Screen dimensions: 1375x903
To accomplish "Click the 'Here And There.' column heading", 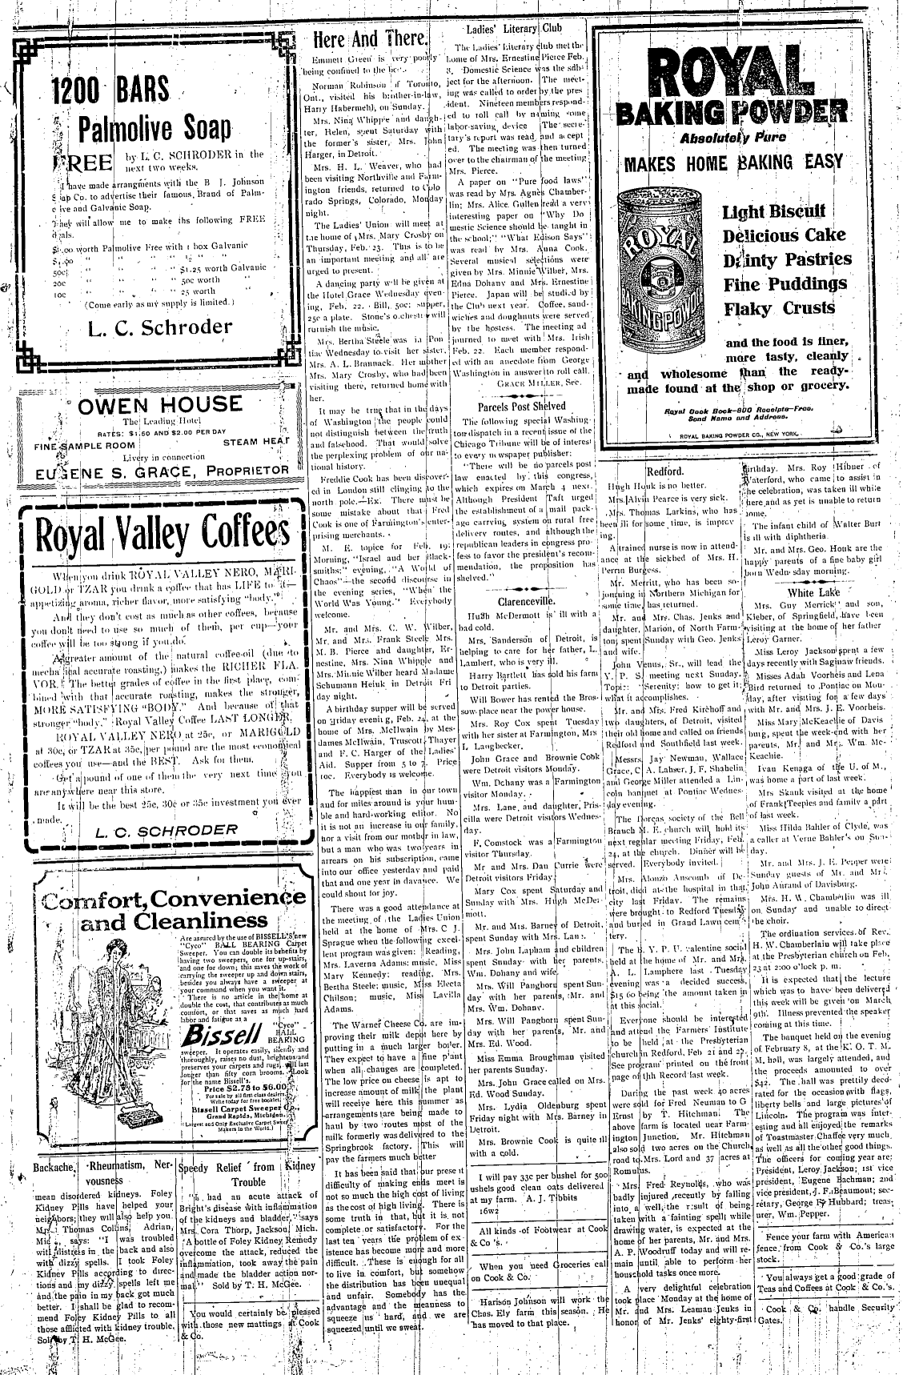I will click(371, 40).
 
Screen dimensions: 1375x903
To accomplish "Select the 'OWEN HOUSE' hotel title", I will click(159, 403).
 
